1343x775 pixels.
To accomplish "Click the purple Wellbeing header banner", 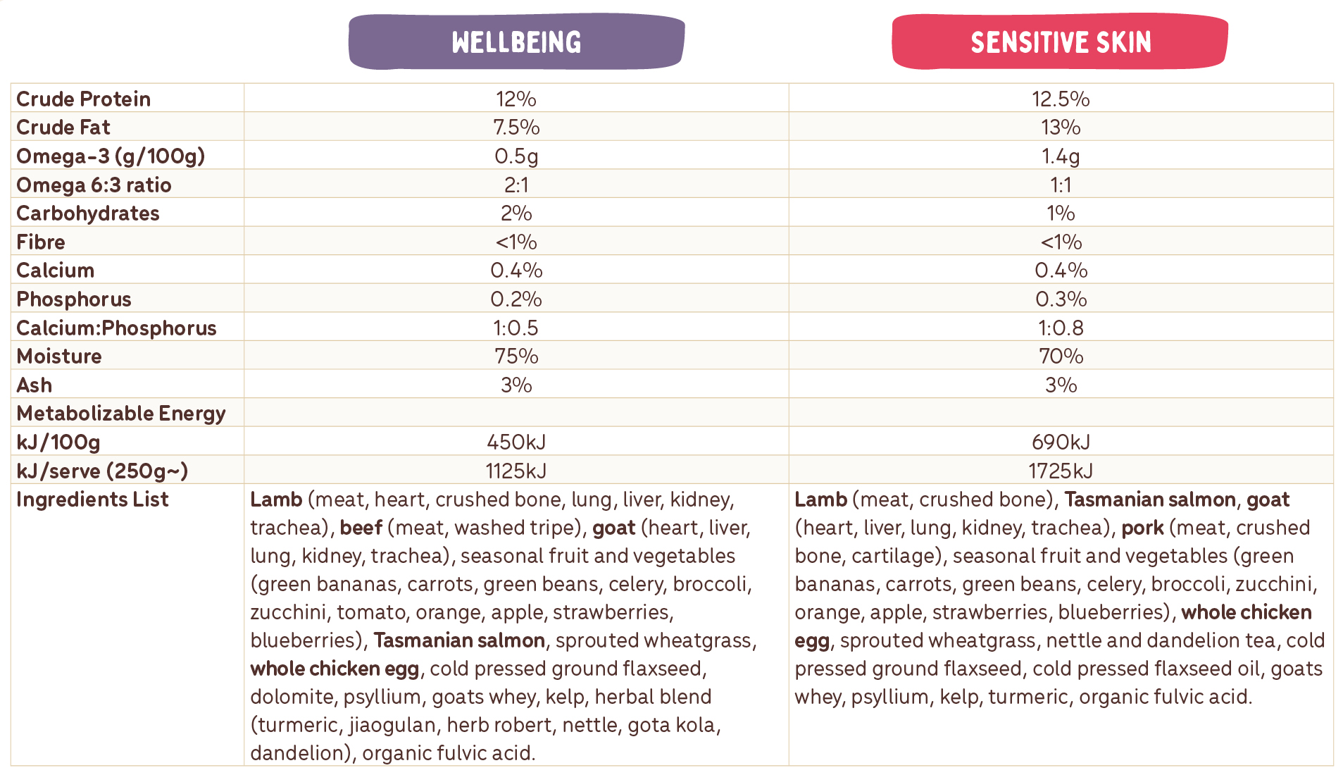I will (x=516, y=42).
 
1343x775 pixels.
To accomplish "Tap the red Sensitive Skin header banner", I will (x=1060, y=42).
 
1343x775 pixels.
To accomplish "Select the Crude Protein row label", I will (x=83, y=99).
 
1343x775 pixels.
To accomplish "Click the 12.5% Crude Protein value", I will (x=1061, y=99).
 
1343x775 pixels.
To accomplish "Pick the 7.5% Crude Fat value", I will (x=516, y=128).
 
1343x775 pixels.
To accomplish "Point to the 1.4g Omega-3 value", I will (x=1061, y=156).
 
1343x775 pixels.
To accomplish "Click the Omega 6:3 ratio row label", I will (x=94, y=185).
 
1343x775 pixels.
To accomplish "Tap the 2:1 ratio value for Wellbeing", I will (x=516, y=185).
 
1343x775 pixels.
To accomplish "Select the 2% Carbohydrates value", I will (x=516, y=213).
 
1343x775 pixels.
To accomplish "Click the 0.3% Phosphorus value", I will (x=1061, y=299).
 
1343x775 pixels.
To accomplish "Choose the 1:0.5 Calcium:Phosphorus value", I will (x=516, y=328).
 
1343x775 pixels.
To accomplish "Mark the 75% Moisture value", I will (x=516, y=356).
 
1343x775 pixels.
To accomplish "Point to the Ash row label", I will (x=34, y=385).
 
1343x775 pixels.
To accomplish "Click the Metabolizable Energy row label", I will (x=120, y=413).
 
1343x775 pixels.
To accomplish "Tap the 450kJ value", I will (x=516, y=442).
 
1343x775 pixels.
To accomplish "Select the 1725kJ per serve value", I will (x=1061, y=471).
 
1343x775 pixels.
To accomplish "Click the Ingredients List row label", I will (x=92, y=499).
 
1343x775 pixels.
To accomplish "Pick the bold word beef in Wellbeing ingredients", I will (x=361, y=528).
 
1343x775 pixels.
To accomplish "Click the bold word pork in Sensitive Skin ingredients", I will (x=1142, y=528).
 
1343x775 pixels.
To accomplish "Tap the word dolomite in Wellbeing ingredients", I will (x=292, y=697).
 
